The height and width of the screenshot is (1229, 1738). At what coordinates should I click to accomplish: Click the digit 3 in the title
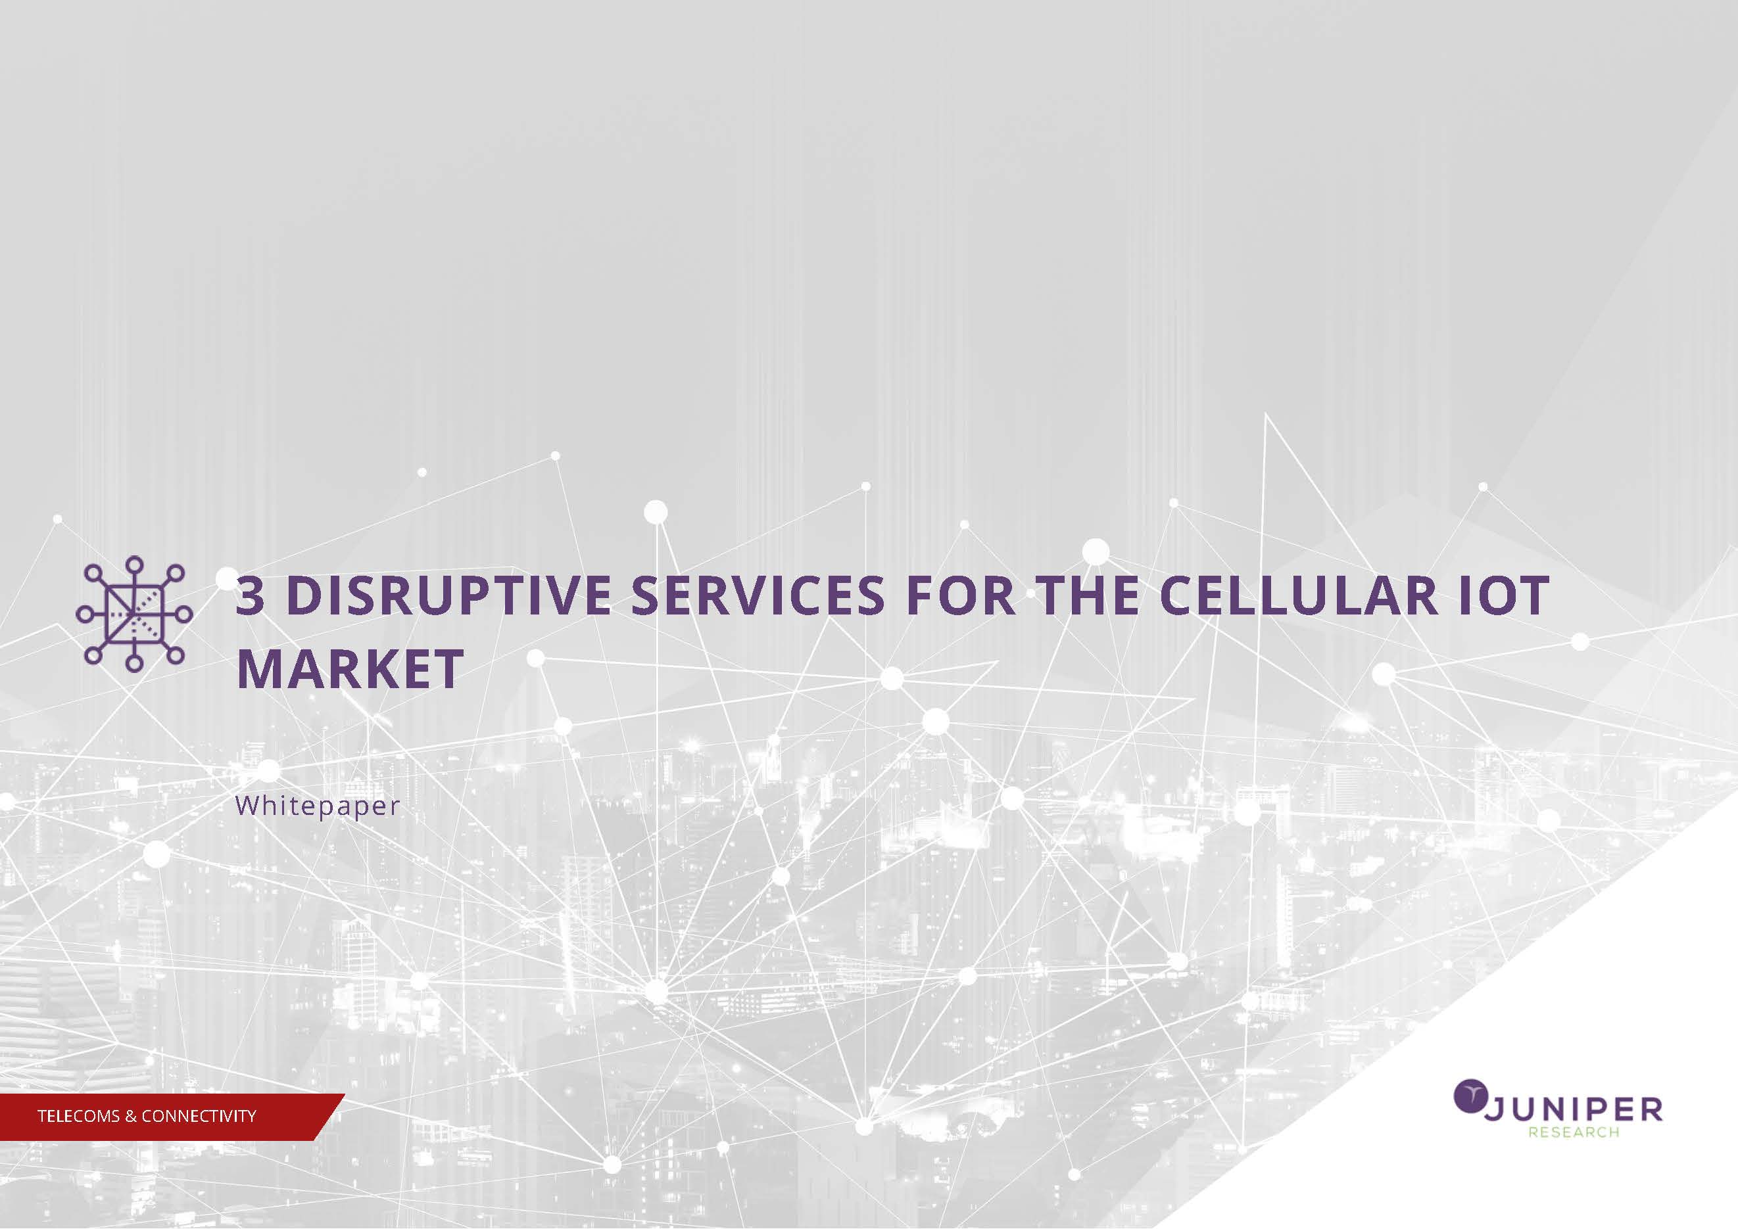pos(251,595)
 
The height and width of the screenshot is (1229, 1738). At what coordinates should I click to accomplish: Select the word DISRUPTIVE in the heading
pos(450,595)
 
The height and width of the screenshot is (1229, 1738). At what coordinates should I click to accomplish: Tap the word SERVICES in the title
pos(757,595)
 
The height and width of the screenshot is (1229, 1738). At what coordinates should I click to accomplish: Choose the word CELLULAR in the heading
pos(1298,595)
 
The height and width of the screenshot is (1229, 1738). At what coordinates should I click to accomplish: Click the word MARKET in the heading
pos(350,668)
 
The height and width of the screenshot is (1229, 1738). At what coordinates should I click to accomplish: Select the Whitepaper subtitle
pos(318,805)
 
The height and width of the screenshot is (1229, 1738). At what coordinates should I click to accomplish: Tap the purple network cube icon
pos(134,614)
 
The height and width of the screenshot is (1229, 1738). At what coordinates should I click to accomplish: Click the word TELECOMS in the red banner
pos(80,1115)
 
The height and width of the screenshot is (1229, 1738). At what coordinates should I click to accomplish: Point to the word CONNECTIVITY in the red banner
pos(199,1115)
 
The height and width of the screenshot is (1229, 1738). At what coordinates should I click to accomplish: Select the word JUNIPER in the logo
pos(1572,1110)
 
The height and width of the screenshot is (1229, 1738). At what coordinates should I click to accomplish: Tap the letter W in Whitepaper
pos(247,804)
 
